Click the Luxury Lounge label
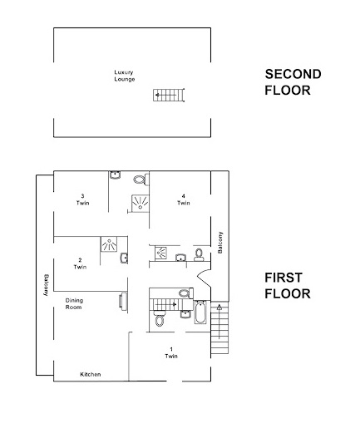tap(125, 76)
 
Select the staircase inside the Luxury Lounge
tap(169, 95)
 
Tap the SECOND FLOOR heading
tap(293, 82)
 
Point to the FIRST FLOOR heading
tap(288, 286)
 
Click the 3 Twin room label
tap(82, 199)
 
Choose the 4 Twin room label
tap(184, 199)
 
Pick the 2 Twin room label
tap(80, 263)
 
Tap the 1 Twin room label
tap(171, 352)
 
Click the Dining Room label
tap(74, 303)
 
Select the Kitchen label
tap(91, 374)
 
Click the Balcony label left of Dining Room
tap(46, 285)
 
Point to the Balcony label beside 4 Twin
tap(220, 243)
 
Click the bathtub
tap(200, 312)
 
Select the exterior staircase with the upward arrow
tap(219, 327)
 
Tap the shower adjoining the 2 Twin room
tap(109, 244)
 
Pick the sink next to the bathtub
tap(185, 314)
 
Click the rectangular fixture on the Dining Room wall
tap(123, 300)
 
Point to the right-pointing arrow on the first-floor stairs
tap(165, 304)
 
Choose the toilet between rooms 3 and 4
tap(141, 180)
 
